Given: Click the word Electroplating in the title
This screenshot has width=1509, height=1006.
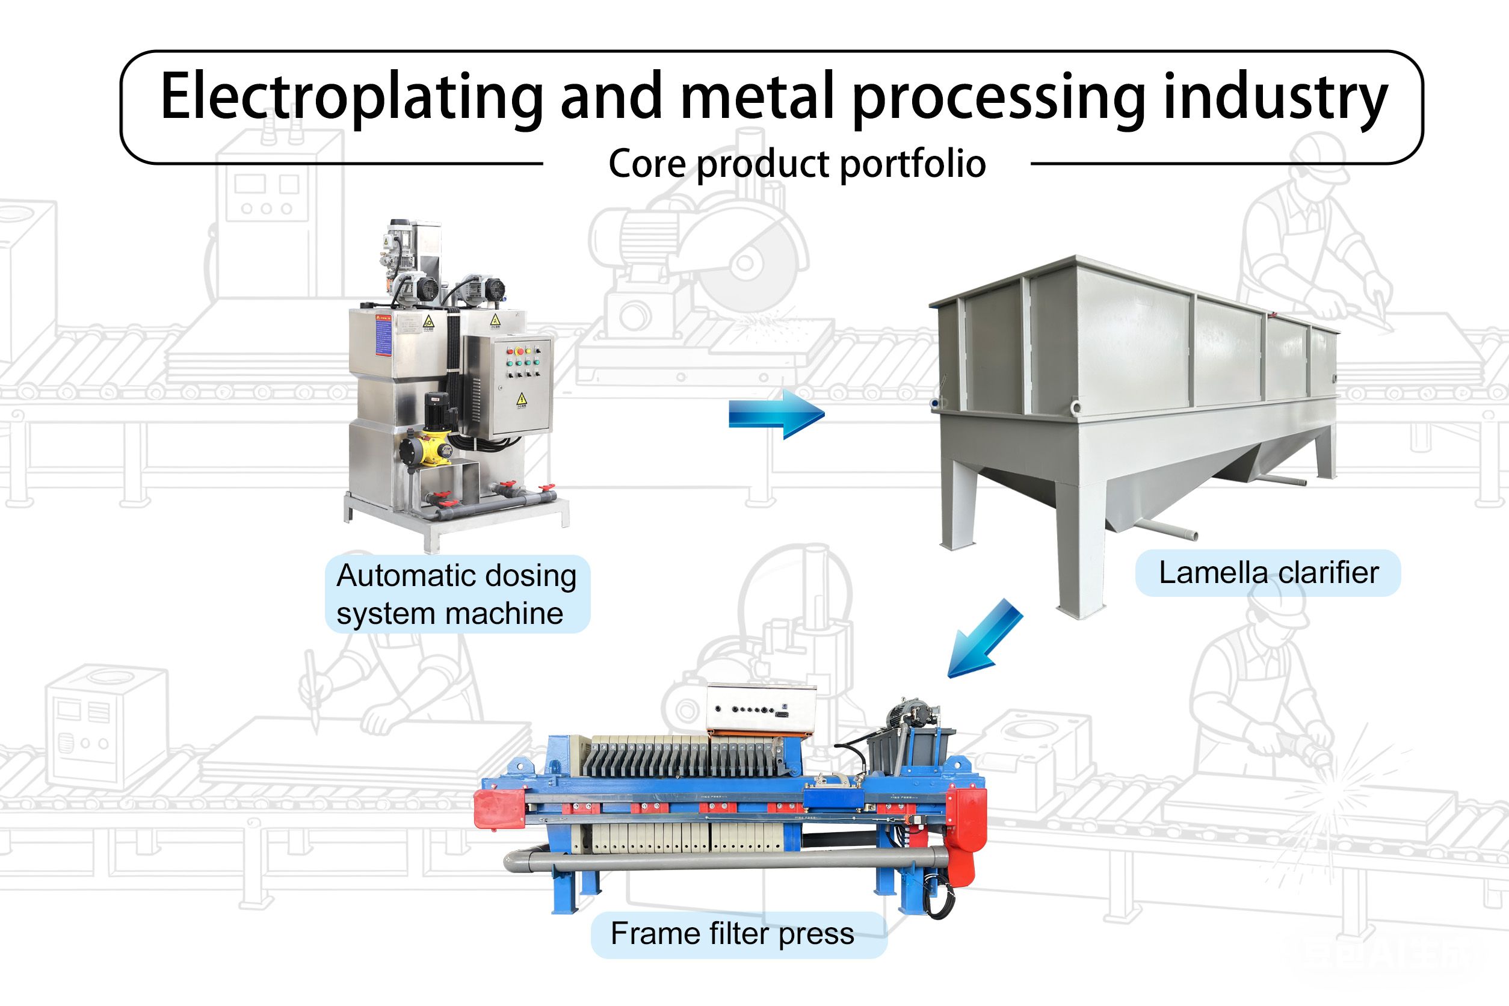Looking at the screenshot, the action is coord(351,97).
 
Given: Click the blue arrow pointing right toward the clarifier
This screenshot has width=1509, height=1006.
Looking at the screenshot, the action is coord(776,414).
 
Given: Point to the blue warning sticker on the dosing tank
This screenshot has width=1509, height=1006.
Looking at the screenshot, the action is coord(383,335).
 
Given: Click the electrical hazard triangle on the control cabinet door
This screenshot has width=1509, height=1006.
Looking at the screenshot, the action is coord(522,400).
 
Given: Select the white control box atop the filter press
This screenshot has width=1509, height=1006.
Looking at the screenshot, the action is coord(761,708).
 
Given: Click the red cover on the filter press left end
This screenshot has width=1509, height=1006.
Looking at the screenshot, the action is coord(500,809).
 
